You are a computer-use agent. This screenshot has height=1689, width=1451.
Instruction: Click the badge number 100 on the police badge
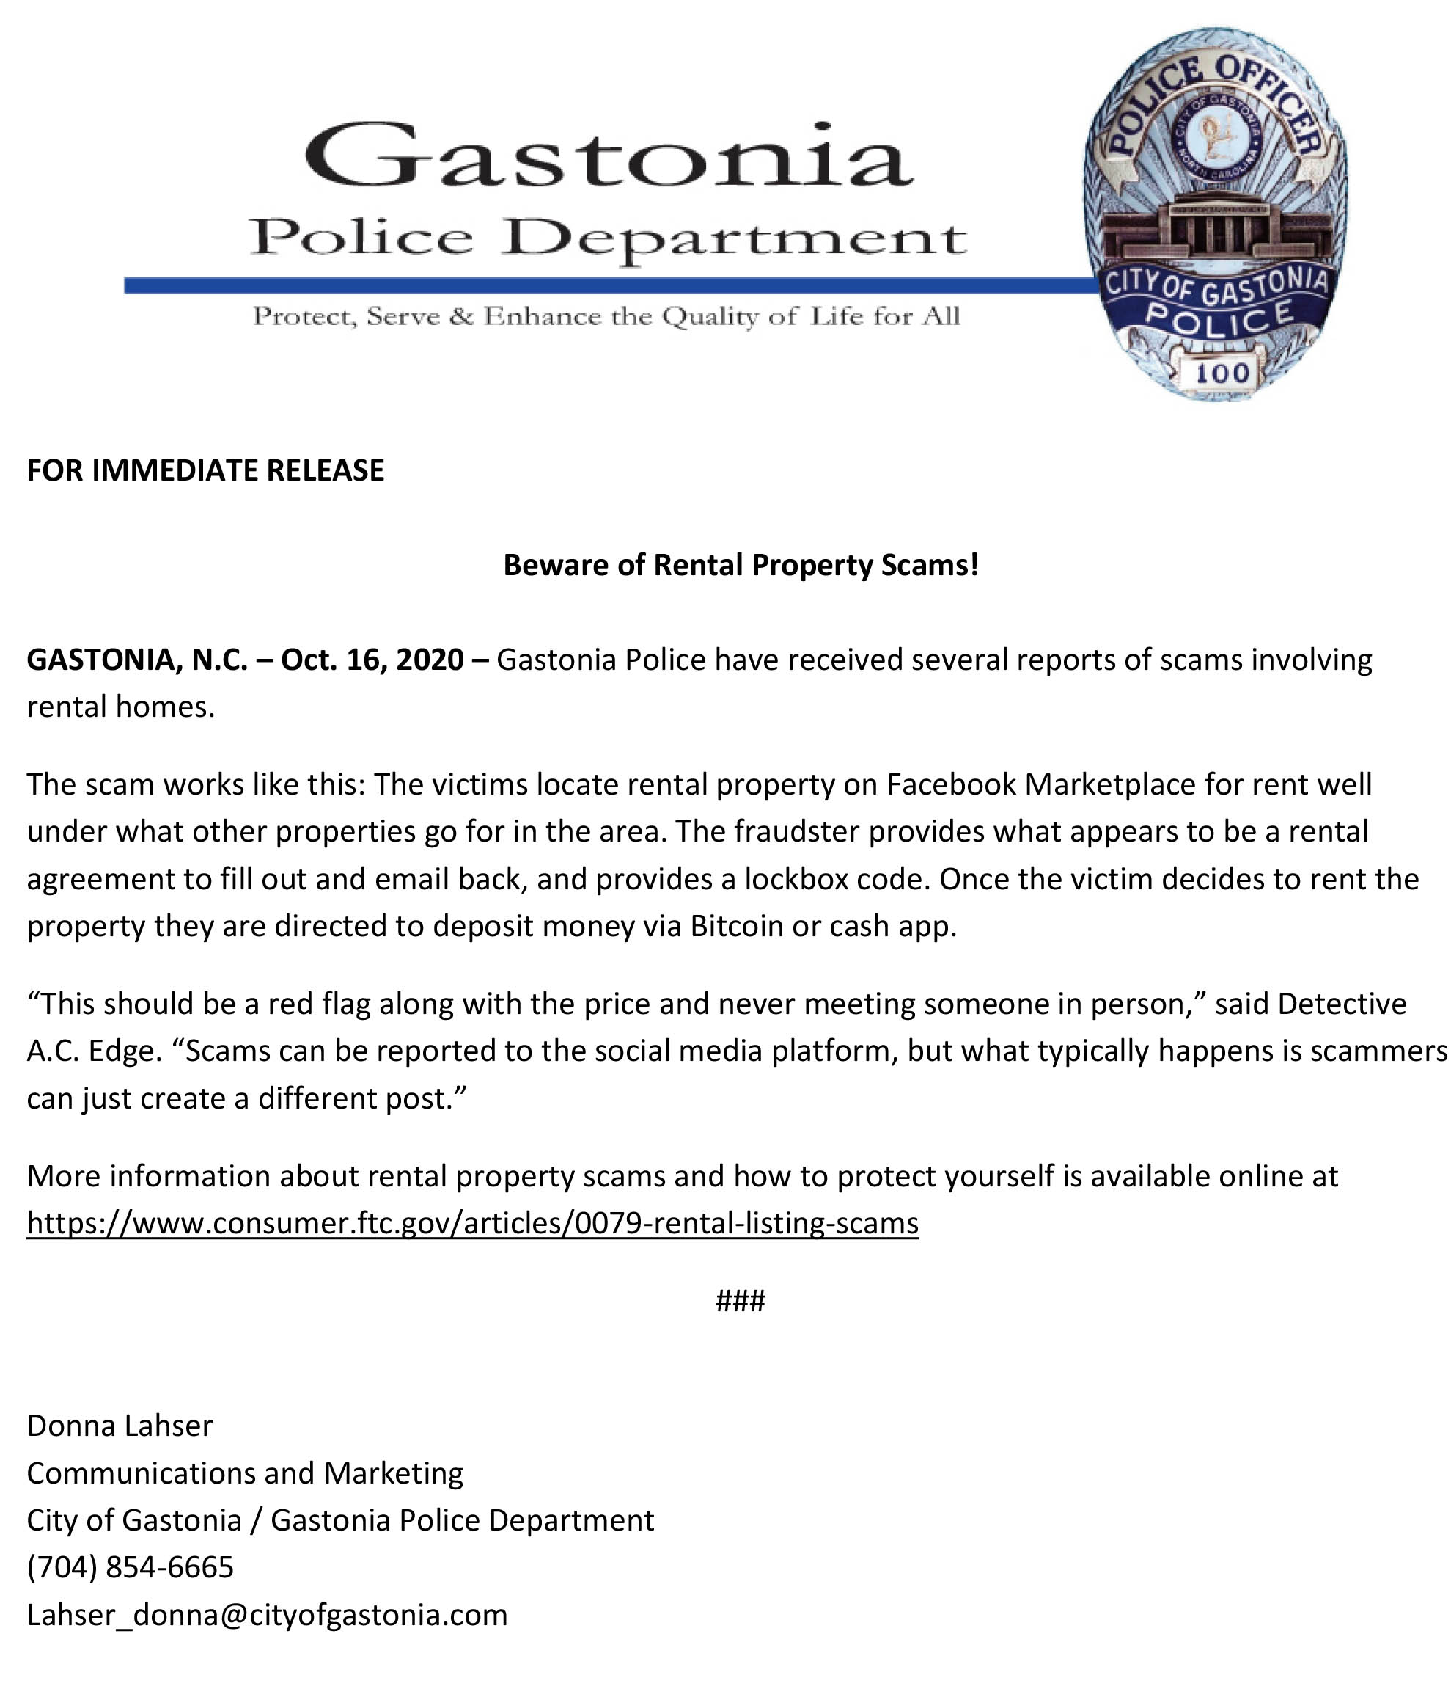tap(1222, 373)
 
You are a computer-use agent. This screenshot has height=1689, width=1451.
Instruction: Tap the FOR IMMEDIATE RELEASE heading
tap(205, 470)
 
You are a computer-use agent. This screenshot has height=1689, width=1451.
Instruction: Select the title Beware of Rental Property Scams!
tap(740, 564)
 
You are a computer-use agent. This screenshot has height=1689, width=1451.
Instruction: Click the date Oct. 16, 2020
tap(372, 659)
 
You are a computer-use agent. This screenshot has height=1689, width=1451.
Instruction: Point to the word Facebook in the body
tap(951, 784)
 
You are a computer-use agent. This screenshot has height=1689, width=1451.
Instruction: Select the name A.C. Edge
tap(89, 1051)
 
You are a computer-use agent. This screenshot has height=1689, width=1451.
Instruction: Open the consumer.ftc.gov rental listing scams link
tap(472, 1223)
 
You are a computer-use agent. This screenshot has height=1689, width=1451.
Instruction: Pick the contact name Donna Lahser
tap(120, 1426)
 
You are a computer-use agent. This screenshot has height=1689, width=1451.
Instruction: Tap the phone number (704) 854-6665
tap(131, 1567)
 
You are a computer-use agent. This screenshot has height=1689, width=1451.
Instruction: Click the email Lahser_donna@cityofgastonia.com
tap(267, 1615)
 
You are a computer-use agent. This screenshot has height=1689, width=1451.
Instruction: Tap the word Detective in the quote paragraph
tap(1342, 1004)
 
